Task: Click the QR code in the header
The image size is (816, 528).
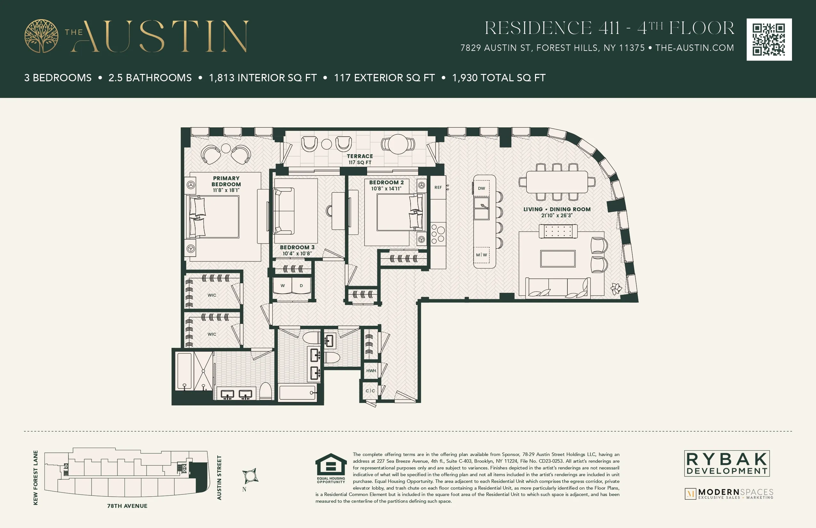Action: [769, 39]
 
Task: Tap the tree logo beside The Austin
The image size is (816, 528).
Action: [41, 36]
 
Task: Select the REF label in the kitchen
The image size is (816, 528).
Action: [438, 187]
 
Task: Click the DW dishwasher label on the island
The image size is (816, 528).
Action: [481, 188]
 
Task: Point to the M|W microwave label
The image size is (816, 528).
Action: [481, 255]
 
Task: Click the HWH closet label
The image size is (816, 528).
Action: [371, 371]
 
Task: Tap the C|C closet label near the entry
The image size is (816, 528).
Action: [370, 390]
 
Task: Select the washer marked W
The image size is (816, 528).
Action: [283, 285]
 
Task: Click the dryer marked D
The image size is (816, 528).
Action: [301, 285]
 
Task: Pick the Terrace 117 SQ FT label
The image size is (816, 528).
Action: [360, 159]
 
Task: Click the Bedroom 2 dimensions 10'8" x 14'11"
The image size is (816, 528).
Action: [386, 188]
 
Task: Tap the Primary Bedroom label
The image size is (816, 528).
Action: [226, 181]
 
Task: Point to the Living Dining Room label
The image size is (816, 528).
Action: [557, 209]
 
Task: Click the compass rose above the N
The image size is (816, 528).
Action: [250, 476]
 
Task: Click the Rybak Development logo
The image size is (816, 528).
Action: [727, 463]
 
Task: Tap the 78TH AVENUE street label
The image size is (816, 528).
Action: [127, 506]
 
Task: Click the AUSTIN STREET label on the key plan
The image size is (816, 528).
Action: [219, 477]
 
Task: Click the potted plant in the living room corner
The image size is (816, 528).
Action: [616, 289]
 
